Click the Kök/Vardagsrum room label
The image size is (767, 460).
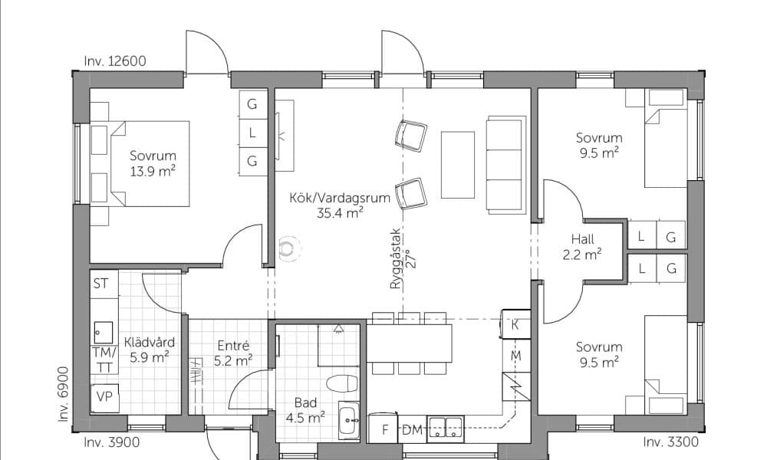tap(340, 198)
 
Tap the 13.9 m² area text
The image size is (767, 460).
tap(153, 172)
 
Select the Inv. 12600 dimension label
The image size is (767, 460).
tap(115, 61)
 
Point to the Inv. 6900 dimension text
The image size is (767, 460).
tap(64, 394)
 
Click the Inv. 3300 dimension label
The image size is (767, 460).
tap(670, 442)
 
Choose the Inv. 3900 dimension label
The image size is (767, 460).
tap(111, 442)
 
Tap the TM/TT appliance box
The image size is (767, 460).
tap(104, 360)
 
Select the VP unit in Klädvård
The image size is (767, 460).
tap(104, 397)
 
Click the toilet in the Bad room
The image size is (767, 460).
tap(342, 384)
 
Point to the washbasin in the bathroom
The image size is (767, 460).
tap(349, 420)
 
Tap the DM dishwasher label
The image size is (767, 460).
tap(412, 430)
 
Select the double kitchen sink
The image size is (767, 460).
tap(446, 429)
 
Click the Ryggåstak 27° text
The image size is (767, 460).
tap(402, 258)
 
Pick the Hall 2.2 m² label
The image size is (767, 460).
tap(582, 247)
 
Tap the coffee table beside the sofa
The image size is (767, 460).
tap(458, 165)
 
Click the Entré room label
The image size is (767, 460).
tap(233, 346)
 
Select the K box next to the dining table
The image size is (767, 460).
tap(515, 324)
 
